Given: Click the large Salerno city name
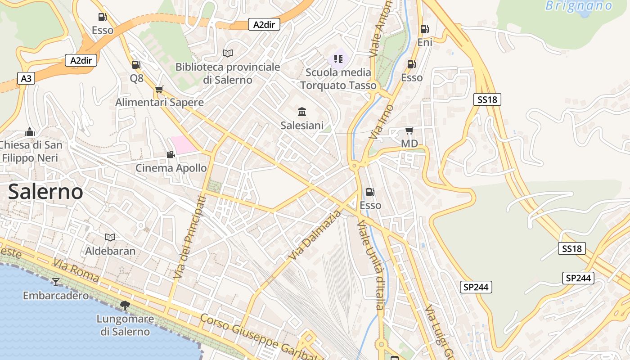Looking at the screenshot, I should (x=45, y=192).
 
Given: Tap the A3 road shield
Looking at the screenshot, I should (x=27, y=79).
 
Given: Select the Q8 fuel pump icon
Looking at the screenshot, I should (x=136, y=65).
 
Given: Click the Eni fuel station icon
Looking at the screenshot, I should (x=424, y=29).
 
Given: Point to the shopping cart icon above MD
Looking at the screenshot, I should (x=409, y=131).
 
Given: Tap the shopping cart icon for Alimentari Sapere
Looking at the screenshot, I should (x=159, y=89).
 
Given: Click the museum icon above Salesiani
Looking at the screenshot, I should (x=302, y=112).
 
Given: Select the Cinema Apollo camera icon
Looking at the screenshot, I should (x=171, y=155).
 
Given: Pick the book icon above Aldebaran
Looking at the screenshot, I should (x=110, y=237).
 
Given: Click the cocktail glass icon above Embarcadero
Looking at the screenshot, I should (x=56, y=282).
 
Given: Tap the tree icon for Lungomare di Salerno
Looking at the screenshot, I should (x=125, y=306).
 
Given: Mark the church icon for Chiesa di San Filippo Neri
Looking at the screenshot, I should (x=30, y=132).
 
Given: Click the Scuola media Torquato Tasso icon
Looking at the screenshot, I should (x=338, y=58).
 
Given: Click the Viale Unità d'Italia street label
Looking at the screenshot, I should (x=370, y=265).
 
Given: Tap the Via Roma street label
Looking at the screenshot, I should (x=76, y=270).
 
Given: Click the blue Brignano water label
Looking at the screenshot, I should (x=579, y=6).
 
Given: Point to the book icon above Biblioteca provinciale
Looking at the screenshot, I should (x=228, y=54).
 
